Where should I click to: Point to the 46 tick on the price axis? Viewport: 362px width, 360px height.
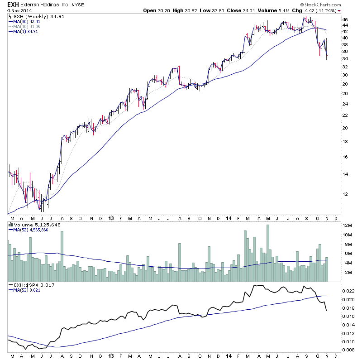click(x=344, y=20)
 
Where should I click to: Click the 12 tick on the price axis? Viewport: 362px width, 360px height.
click(x=344, y=194)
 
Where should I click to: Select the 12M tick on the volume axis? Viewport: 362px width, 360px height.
click(x=347, y=225)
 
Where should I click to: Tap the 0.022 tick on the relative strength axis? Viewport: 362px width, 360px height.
click(x=348, y=291)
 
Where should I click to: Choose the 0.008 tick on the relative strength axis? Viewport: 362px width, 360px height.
click(x=348, y=350)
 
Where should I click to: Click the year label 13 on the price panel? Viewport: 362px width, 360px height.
click(x=111, y=218)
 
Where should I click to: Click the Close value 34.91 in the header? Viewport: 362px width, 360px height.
click(x=250, y=10)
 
